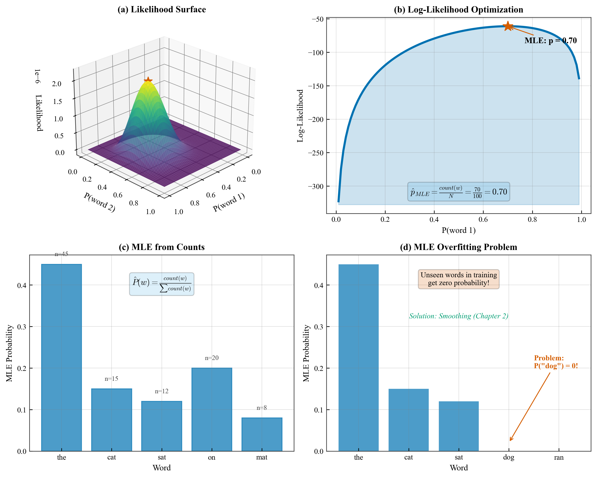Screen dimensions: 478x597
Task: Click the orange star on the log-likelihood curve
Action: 508,26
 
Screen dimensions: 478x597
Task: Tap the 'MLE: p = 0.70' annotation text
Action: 550,41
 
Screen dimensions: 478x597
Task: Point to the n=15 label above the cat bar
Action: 111,379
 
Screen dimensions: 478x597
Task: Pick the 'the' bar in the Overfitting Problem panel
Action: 358,357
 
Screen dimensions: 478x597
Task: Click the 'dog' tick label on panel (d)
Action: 508,457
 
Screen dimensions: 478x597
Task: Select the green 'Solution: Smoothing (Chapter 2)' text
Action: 459,316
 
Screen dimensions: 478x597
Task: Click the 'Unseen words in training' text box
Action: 459,279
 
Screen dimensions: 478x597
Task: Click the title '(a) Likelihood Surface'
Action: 162,9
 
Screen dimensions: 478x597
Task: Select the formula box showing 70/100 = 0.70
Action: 459,192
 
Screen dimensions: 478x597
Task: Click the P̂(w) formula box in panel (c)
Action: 162,284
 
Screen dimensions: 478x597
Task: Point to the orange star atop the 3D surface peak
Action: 148,81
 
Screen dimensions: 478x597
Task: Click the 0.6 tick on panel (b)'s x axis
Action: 483,220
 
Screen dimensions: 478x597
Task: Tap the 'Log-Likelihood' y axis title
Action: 300,116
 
